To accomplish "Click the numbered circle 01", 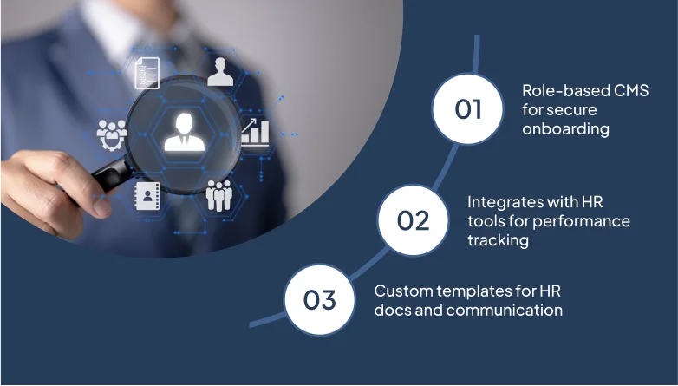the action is point(468,108).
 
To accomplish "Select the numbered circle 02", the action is point(413,220).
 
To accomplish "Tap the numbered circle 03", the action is point(320,300).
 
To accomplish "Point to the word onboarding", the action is point(565,128).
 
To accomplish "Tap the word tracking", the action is point(499,240).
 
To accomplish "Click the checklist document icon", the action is point(147,73).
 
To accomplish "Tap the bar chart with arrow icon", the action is point(255,132).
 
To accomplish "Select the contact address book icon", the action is point(147,196).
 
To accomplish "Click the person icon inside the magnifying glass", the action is point(185,132).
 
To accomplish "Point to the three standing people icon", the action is point(219,195).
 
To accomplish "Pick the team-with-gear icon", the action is point(112,134).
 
